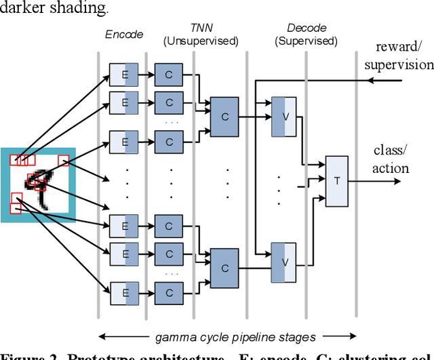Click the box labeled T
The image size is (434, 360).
click(336, 181)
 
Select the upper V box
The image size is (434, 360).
click(284, 116)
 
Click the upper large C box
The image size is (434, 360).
click(225, 116)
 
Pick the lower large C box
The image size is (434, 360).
click(225, 268)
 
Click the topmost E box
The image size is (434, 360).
click(124, 75)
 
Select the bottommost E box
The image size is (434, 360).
click(124, 293)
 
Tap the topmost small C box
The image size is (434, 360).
click(168, 75)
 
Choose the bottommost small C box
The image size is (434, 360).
click(168, 293)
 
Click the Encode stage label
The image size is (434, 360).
click(124, 34)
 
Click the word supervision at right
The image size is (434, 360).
click(399, 65)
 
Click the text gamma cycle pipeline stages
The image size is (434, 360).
click(227, 336)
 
